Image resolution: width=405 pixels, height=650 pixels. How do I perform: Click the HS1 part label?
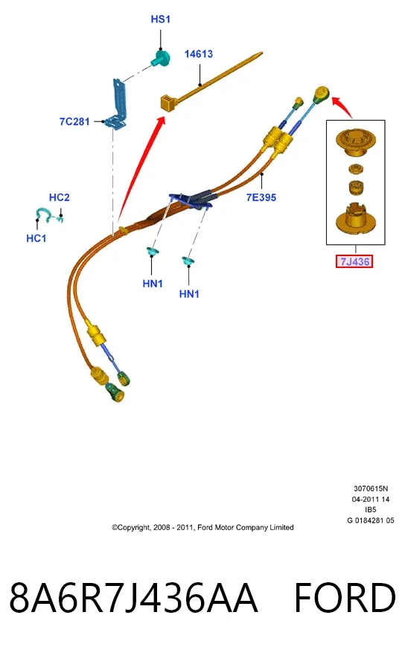coord(160,19)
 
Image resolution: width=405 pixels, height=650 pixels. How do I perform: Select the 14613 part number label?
coord(199,54)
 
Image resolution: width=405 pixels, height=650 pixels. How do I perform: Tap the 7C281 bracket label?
coord(74,121)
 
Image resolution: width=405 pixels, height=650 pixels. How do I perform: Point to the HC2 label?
coord(60,197)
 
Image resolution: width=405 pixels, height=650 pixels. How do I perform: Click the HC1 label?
coord(36,238)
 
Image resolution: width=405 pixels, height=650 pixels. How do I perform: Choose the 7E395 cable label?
coord(261,197)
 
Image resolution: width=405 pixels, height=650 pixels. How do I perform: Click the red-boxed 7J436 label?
coord(355,261)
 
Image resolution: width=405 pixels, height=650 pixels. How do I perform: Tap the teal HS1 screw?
coord(161,58)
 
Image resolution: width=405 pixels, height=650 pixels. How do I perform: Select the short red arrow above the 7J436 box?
coord(342,106)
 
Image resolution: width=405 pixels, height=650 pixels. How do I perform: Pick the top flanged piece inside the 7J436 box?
coord(356,142)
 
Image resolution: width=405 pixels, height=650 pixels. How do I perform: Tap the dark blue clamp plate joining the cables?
coord(191,200)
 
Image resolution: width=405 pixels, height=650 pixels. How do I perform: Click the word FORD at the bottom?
coord(345,598)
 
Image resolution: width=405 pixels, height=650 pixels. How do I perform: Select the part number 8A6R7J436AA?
coord(133,598)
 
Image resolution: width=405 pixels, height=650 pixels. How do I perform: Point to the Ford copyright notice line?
coord(202,528)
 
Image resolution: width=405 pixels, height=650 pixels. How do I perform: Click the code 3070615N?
coord(371,488)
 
